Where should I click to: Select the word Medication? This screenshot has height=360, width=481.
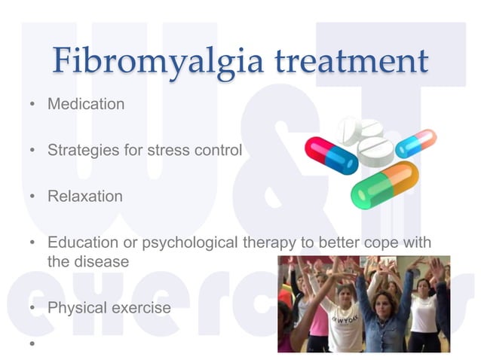(86, 104)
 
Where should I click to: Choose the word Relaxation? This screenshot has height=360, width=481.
(84, 197)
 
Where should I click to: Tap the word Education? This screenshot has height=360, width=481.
(81, 243)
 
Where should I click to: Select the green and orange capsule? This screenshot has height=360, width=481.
(384, 185)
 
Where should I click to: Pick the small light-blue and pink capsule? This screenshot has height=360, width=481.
(416, 143)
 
